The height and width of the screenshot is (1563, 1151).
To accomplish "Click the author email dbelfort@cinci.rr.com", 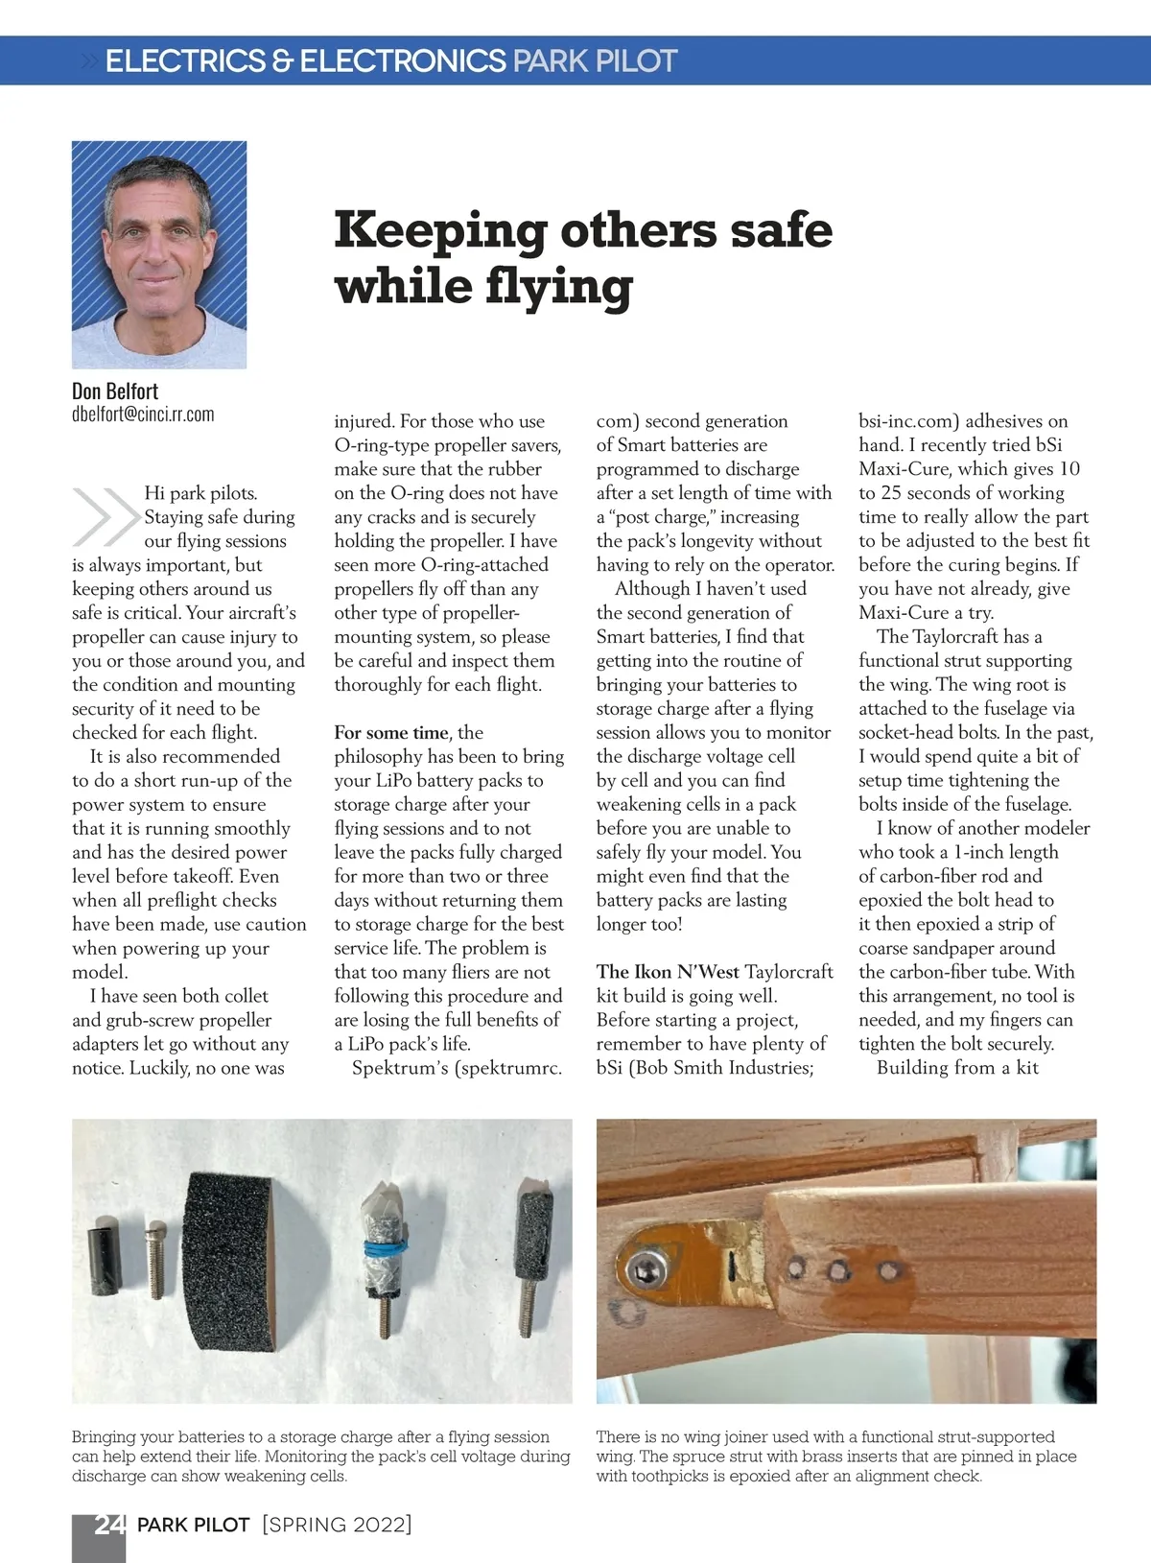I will click(x=143, y=414).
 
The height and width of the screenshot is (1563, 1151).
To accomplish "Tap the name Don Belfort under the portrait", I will click(x=115, y=391).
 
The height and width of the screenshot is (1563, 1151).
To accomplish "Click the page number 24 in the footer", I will click(x=108, y=1525).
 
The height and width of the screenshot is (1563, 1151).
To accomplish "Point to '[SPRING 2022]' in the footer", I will click(x=337, y=1525).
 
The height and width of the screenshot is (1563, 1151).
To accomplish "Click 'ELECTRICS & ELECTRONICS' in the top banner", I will click(x=305, y=61).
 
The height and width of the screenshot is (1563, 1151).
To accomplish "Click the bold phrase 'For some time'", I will click(x=390, y=733).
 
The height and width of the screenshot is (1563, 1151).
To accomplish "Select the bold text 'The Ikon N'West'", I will click(x=668, y=972).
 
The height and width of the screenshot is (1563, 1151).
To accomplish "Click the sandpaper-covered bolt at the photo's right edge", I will click(x=531, y=1248).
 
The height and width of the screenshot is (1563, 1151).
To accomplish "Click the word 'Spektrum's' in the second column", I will click(x=400, y=1068).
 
